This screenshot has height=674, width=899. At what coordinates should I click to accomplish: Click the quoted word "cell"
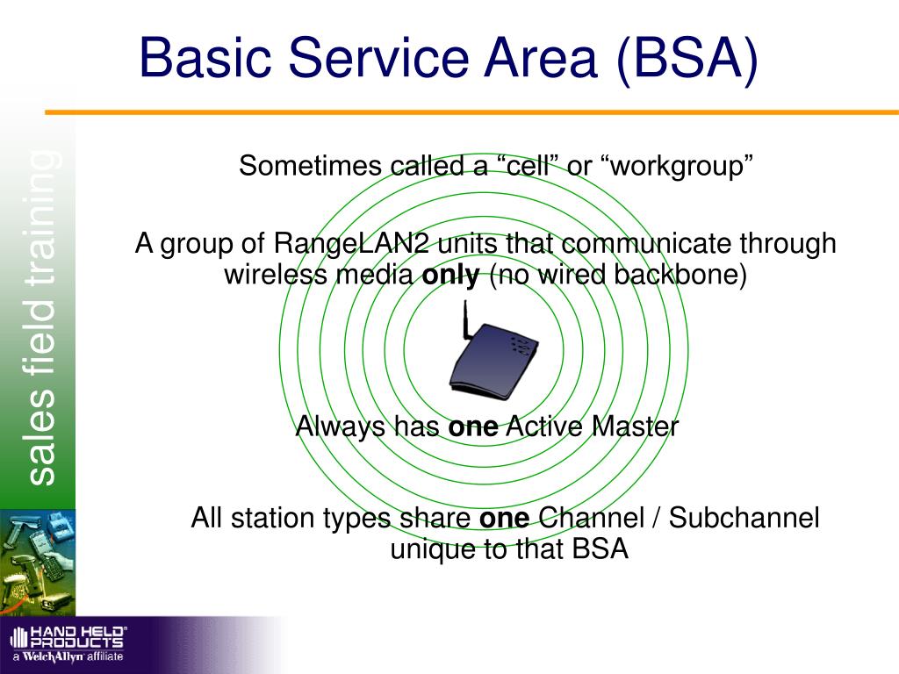(525, 166)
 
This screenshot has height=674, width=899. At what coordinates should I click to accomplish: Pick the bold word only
(450, 276)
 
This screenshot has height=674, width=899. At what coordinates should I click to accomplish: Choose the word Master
(635, 427)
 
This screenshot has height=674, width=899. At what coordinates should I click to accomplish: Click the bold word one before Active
(473, 427)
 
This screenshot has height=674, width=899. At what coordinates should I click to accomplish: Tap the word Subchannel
(744, 518)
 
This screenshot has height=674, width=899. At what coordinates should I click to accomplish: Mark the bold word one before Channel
(505, 519)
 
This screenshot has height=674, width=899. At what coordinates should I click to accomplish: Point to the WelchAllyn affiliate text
(68, 656)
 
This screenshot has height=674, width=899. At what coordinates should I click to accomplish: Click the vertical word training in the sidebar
(42, 218)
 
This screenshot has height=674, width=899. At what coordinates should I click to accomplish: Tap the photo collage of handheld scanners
(38, 563)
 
